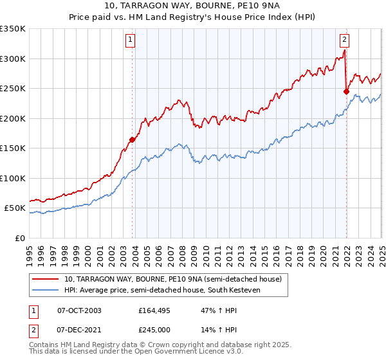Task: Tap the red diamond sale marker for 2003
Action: point(133,139)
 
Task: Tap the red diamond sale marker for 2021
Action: point(346,91)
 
